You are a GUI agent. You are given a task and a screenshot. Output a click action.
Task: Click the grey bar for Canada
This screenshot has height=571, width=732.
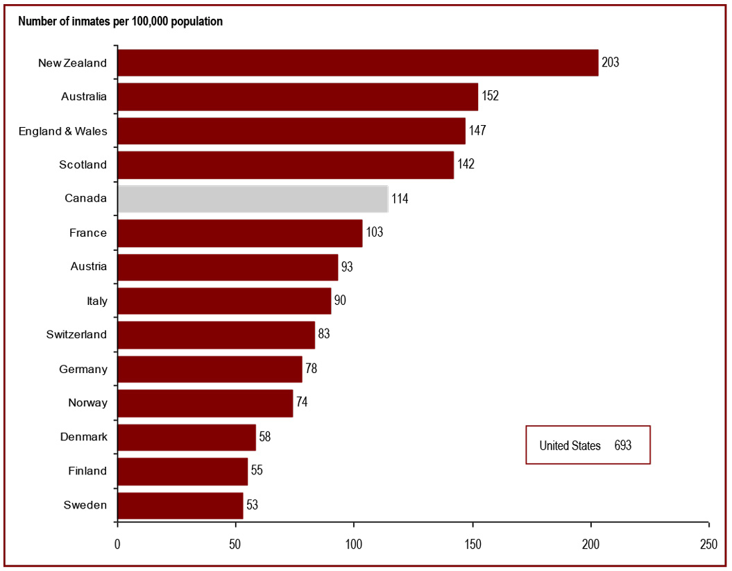[x=253, y=199]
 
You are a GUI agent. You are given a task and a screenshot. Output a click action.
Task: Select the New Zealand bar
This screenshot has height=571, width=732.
[x=357, y=63]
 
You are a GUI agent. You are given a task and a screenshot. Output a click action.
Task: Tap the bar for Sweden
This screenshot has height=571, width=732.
[x=180, y=505]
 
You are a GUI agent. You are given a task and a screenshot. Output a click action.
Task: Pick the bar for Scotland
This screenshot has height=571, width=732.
[x=285, y=165]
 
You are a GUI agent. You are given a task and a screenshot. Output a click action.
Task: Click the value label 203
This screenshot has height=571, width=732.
[x=610, y=63]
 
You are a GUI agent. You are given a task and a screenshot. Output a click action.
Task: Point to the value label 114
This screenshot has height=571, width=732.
[x=400, y=199]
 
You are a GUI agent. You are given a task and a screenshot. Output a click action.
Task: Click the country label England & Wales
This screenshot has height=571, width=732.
[x=63, y=131]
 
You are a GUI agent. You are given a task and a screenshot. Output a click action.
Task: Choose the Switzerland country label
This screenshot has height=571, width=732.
[x=76, y=334]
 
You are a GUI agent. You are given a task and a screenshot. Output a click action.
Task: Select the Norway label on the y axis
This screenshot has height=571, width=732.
[x=87, y=402]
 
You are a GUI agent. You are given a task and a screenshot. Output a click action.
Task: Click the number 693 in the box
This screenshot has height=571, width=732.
[x=622, y=445]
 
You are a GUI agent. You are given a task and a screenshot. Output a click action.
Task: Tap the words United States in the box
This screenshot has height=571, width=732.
[x=570, y=445]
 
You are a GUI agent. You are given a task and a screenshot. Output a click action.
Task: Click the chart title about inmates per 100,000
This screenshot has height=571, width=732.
[x=121, y=21]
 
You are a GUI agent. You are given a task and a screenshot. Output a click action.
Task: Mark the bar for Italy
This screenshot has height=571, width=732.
[x=224, y=301]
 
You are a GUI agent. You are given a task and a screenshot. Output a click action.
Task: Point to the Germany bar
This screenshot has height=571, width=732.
[x=210, y=369]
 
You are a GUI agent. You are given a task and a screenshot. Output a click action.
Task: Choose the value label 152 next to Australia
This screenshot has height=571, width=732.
[x=490, y=97]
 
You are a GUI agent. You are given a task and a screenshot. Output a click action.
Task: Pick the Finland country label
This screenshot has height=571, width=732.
[x=87, y=470]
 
